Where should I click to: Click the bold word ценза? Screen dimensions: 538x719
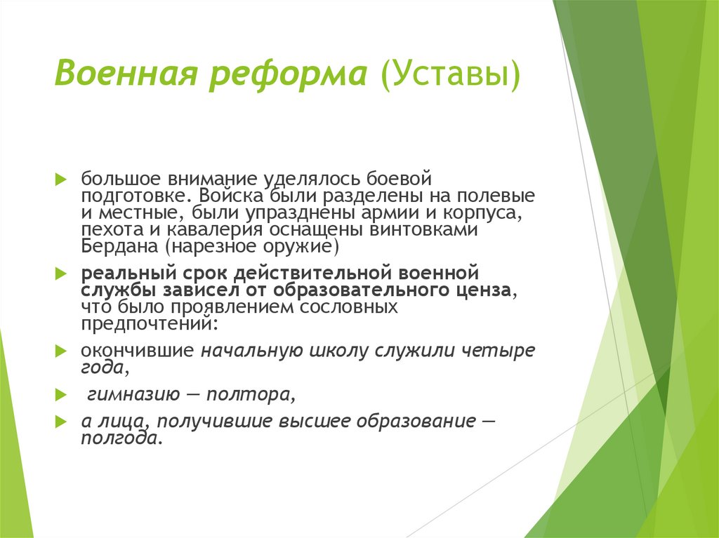pos(484,290)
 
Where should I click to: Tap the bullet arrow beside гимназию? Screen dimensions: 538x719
pos(60,395)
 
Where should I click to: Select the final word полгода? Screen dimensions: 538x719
pos(121,440)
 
